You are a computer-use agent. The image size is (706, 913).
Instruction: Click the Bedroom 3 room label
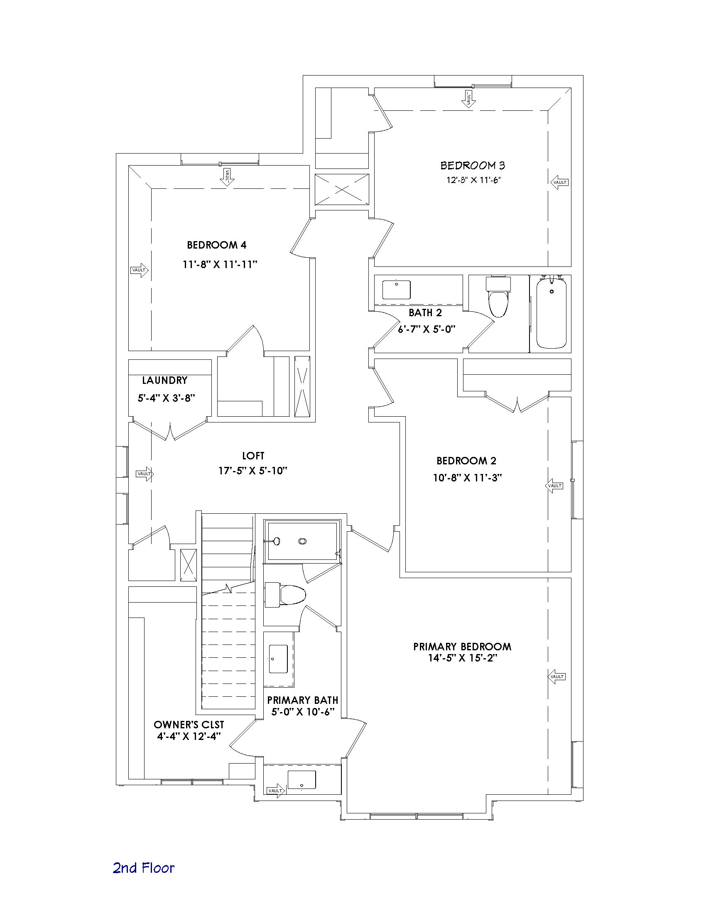pyautogui.click(x=473, y=166)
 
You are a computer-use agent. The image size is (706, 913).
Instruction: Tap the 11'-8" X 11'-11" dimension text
pyautogui.click(x=220, y=265)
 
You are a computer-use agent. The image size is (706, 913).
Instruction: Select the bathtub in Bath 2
pyautogui.click(x=552, y=312)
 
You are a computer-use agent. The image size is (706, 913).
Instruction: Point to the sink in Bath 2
pyautogui.click(x=397, y=290)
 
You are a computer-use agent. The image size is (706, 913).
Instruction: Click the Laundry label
pyautogui.click(x=165, y=381)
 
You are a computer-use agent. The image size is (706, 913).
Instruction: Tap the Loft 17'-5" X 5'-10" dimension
pyautogui.click(x=252, y=471)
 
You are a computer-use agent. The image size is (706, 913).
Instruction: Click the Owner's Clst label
pyautogui.click(x=189, y=725)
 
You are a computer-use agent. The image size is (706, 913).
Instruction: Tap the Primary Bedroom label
pyautogui.click(x=462, y=647)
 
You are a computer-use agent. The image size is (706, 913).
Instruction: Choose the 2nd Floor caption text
pyautogui.click(x=143, y=868)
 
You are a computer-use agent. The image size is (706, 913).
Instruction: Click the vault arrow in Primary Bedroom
pyautogui.click(x=556, y=676)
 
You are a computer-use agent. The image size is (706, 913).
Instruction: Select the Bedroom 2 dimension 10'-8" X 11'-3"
pyautogui.click(x=467, y=477)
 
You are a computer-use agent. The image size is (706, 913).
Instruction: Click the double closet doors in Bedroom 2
pyautogui.click(x=518, y=402)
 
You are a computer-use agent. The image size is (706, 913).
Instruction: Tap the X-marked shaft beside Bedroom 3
pyautogui.click(x=342, y=189)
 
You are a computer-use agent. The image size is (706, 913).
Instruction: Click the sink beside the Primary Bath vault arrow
pyautogui.click(x=302, y=780)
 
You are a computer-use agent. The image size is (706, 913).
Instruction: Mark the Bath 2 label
pyautogui.click(x=425, y=312)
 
